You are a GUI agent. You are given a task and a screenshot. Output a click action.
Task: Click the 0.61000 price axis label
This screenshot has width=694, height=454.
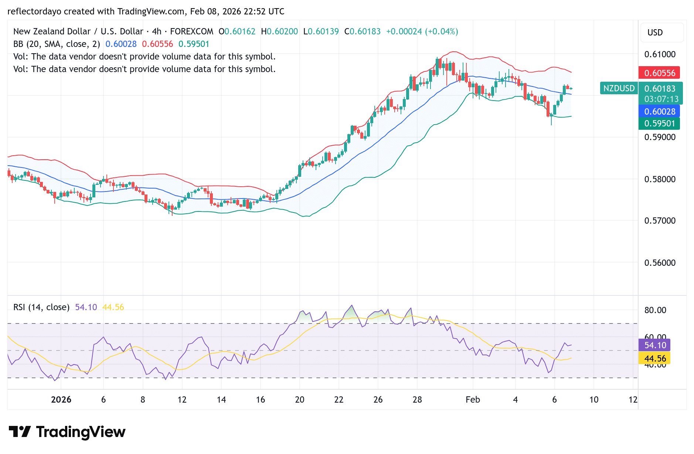point(660,54)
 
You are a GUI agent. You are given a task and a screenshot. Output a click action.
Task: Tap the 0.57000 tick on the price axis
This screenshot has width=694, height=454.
point(660,221)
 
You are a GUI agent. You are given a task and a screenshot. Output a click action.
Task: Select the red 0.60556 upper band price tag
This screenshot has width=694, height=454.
point(659,73)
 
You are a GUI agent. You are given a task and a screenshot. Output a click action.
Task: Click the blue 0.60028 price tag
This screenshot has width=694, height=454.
point(659,111)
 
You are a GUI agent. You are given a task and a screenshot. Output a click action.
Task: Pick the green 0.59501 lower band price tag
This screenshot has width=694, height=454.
point(659,123)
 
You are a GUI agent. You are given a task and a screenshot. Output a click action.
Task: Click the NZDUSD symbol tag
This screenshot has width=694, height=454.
point(619,88)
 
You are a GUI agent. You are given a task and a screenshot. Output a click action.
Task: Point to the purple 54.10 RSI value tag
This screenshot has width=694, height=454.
point(654,345)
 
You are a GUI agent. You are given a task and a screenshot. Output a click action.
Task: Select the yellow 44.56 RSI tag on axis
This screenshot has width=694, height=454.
point(654,358)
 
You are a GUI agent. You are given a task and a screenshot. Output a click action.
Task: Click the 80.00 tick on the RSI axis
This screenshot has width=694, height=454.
point(655,310)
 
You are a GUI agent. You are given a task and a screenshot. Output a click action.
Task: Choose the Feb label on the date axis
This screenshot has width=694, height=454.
point(473,400)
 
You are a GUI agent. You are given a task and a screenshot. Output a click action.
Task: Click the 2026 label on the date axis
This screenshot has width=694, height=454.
point(61,400)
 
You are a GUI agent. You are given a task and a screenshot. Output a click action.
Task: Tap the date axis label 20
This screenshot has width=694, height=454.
point(300,400)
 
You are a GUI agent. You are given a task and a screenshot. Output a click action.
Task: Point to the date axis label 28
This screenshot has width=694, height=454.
point(417,400)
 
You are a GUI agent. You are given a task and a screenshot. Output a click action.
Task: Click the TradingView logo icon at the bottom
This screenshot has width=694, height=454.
point(20,431)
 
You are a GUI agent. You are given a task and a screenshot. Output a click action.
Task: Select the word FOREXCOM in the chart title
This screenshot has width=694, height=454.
point(191,31)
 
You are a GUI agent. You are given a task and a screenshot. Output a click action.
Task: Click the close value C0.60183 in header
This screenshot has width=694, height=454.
point(362,31)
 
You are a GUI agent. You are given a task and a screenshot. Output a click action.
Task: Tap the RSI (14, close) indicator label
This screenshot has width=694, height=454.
point(41,307)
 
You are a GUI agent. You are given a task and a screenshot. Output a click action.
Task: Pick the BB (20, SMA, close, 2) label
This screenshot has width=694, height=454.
point(57,44)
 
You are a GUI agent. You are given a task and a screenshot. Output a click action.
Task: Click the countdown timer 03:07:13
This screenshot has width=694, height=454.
point(661,99)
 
